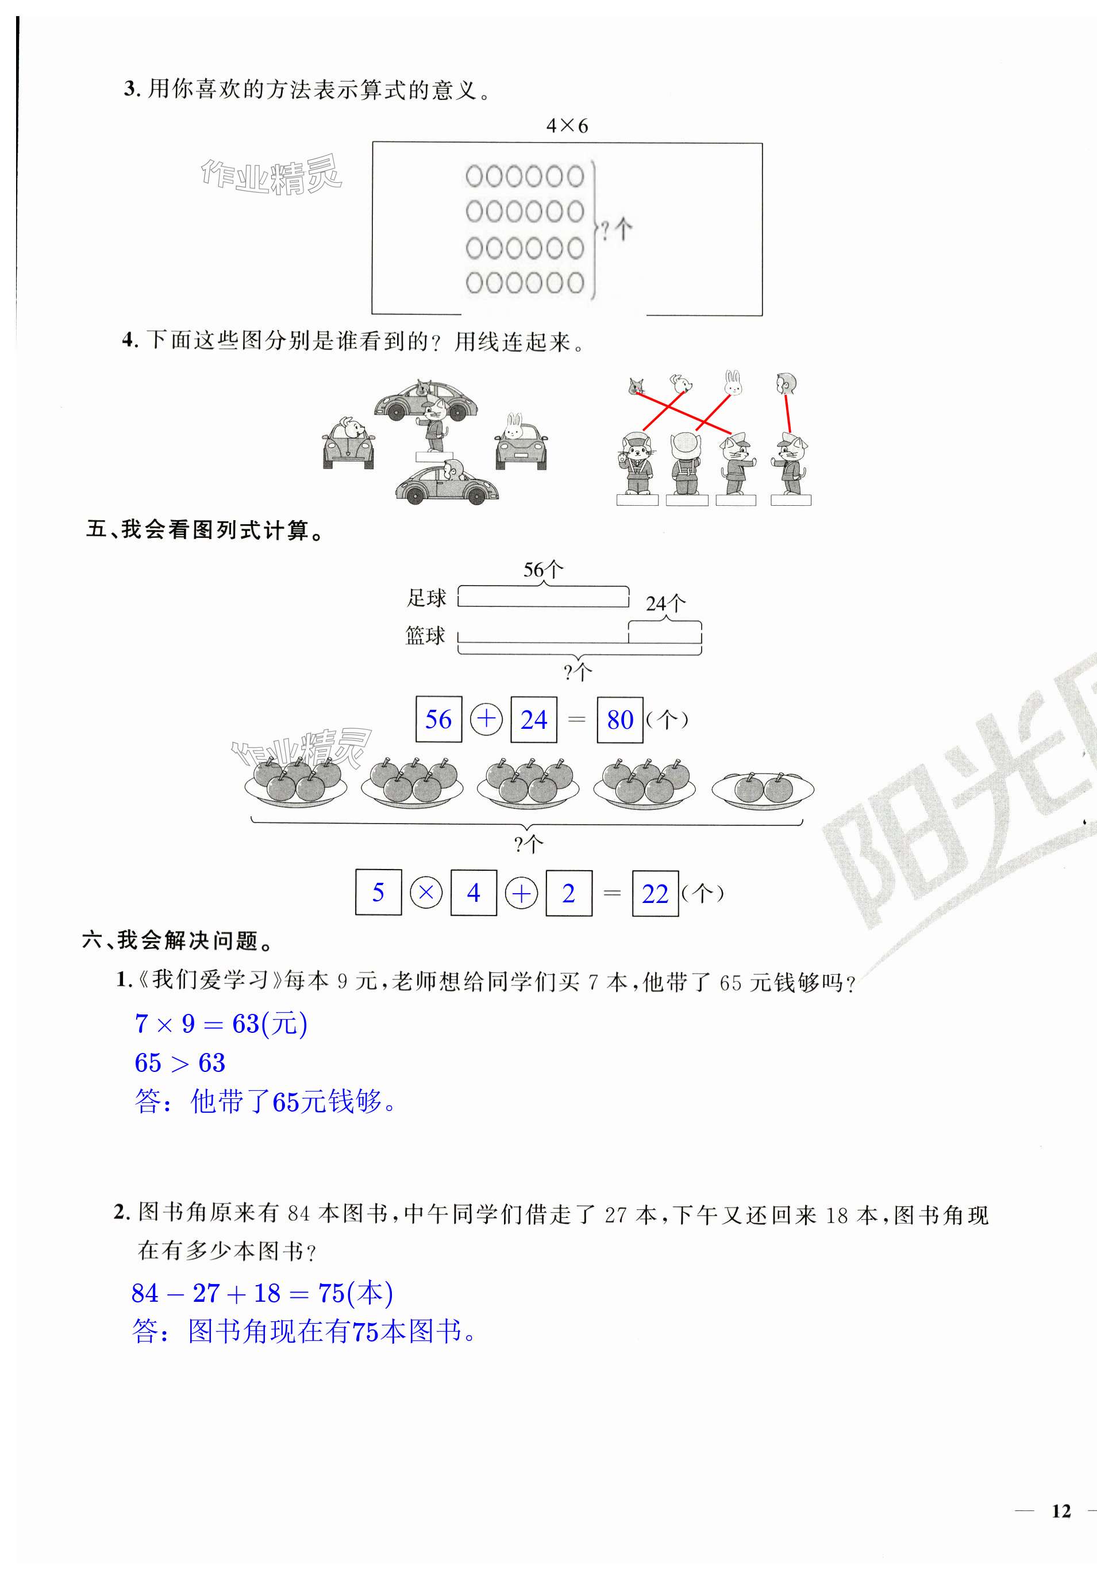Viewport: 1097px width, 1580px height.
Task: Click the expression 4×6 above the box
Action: [x=567, y=126]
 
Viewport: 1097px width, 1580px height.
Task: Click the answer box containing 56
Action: [x=438, y=720]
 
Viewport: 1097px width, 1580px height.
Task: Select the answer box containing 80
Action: [x=620, y=720]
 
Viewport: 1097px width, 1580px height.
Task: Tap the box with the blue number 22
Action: [x=655, y=893]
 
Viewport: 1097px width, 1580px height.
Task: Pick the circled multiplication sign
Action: [x=426, y=893]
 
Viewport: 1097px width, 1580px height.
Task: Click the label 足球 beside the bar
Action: [x=426, y=598]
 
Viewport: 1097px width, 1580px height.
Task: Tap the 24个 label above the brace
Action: [x=665, y=603]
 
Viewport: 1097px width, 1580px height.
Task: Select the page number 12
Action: [x=1061, y=1510]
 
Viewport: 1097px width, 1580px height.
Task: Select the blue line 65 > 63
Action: [x=180, y=1062]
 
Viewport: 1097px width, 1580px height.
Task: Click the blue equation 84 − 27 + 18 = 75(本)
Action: [x=262, y=1293]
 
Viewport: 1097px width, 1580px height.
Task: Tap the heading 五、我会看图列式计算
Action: [x=204, y=530]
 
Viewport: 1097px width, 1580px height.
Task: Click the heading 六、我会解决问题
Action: [x=178, y=940]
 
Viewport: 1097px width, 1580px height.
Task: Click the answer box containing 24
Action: [x=533, y=720]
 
